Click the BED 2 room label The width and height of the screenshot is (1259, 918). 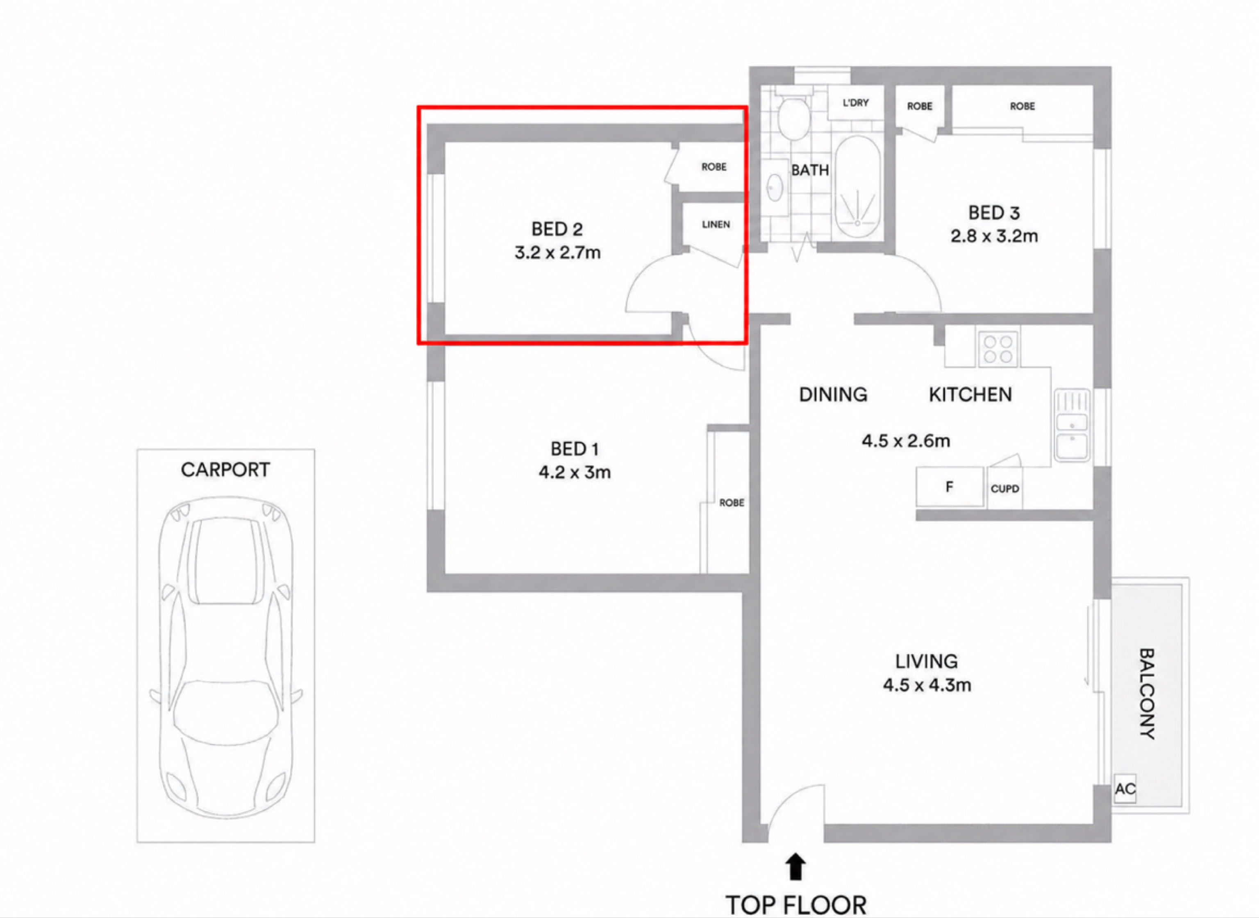[x=557, y=229]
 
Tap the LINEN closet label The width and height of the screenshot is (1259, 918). [x=716, y=224]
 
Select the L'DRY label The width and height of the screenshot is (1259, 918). [x=855, y=103]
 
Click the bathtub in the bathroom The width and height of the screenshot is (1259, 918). [x=858, y=188]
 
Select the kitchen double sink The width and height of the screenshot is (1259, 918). [x=1072, y=425]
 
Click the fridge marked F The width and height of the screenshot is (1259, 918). [x=950, y=487]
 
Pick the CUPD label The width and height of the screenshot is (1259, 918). [x=1005, y=489]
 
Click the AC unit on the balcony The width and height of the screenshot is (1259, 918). [x=1125, y=789]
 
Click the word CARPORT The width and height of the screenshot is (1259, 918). [x=225, y=469]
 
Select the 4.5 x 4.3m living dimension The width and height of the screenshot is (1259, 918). [x=927, y=685]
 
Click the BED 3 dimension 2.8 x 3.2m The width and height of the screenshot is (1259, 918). [x=994, y=236]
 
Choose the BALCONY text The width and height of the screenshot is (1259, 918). [x=1147, y=693]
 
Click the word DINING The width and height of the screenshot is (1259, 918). [x=833, y=394]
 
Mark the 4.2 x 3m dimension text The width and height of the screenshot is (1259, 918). [x=574, y=472]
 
